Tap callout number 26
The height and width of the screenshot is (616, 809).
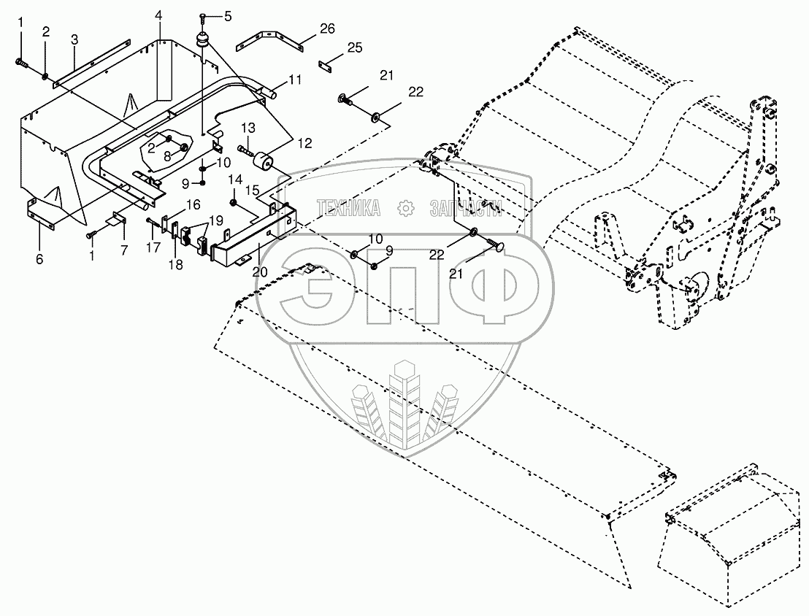pos(327,28)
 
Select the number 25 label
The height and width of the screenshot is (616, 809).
pos(354,47)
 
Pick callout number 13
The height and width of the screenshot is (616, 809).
pos(248,128)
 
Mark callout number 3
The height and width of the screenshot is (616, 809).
pos(74,39)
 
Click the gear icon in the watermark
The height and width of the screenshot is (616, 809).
pos(404,209)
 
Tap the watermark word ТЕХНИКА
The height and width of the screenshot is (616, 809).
pos(348,209)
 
